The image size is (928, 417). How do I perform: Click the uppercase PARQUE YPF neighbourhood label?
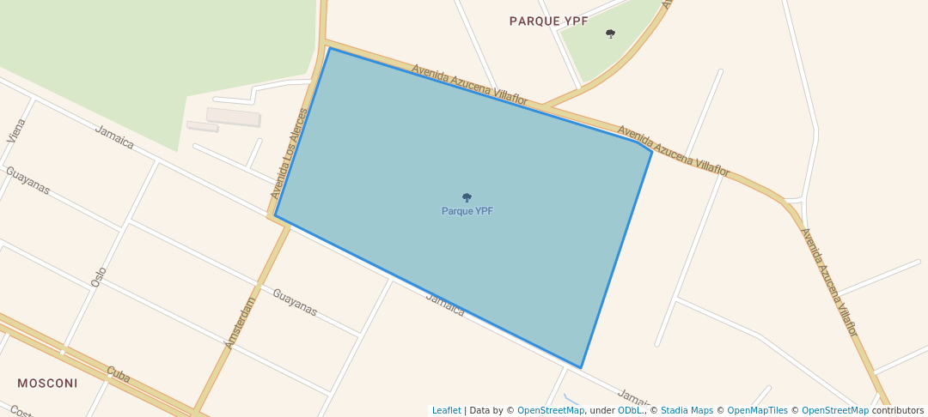pyautogui.click(x=548, y=21)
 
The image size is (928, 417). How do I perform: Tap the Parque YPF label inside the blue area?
pyautogui.click(x=467, y=211)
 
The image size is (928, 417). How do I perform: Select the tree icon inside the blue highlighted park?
pyautogui.click(x=467, y=197)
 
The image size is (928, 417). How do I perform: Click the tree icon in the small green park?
pyautogui.click(x=610, y=34)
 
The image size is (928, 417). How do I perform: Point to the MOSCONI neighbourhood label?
pyautogui.click(x=47, y=383)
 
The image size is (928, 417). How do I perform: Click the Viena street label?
pyautogui.click(x=16, y=130)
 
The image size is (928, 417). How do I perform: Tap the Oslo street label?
pyautogui.click(x=99, y=276)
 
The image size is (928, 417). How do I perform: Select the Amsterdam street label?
pyautogui.click(x=241, y=322)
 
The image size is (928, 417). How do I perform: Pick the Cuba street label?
pyautogui.click(x=118, y=374)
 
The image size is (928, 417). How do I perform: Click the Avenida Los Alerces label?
pyautogui.click(x=288, y=154)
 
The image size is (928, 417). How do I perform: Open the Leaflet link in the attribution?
pyautogui.click(x=446, y=410)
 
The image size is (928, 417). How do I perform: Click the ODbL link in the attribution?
pyautogui.click(x=630, y=410)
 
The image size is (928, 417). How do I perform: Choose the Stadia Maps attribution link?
pyautogui.click(x=687, y=410)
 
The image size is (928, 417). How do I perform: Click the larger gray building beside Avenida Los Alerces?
pyautogui.click(x=233, y=117)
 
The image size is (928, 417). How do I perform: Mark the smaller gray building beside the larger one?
pyautogui.click(x=203, y=126)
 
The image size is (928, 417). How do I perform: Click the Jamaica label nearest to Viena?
pyautogui.click(x=114, y=137)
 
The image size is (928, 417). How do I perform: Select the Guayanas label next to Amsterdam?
pyautogui.click(x=295, y=302)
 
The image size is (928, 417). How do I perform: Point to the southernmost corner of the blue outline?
pyautogui.click(x=581, y=368)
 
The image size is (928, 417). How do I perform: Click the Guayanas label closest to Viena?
pyautogui.click(x=27, y=180)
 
